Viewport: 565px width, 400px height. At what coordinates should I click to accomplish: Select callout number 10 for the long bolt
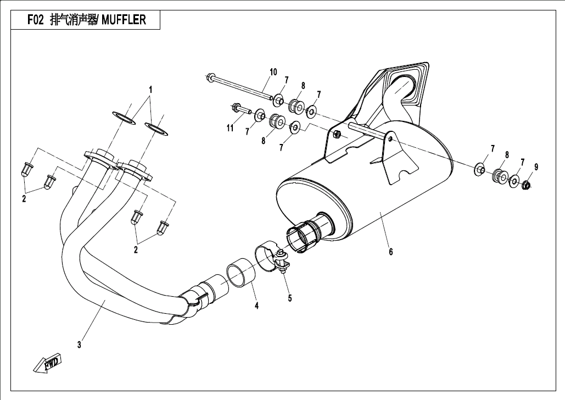pos(273,72)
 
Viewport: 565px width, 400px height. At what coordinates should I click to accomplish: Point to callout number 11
pos(230,128)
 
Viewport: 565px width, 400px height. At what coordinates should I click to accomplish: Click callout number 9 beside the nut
pos(536,167)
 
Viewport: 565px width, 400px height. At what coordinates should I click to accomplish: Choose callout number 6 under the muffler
pos(390,252)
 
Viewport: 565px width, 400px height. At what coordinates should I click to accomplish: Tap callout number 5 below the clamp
pos(289,298)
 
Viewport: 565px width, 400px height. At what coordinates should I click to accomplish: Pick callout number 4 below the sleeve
pos(256,305)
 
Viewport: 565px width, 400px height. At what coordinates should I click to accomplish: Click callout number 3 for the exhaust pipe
pos(79,345)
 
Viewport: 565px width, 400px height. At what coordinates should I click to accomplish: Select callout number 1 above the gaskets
pos(150,89)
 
